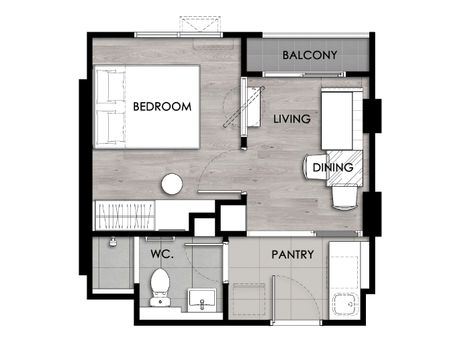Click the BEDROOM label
click(x=162, y=107)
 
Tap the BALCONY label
click(x=310, y=55)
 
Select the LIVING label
click(x=292, y=119)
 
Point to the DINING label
click(x=333, y=167)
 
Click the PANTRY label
click(x=293, y=255)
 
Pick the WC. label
click(x=162, y=254)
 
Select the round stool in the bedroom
click(x=172, y=183)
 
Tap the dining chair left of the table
click(x=316, y=167)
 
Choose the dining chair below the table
click(x=344, y=197)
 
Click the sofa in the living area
click(x=342, y=119)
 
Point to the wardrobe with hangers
click(x=124, y=216)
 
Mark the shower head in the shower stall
click(x=113, y=241)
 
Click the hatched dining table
click(x=344, y=168)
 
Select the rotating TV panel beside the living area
click(x=244, y=107)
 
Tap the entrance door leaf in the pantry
click(x=274, y=300)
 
